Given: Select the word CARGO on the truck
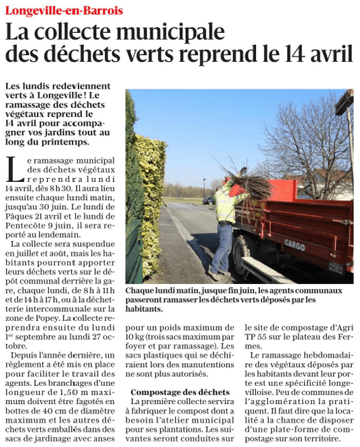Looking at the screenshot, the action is (x=294, y=244).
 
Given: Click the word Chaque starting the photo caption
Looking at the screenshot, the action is (x=142, y=291).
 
